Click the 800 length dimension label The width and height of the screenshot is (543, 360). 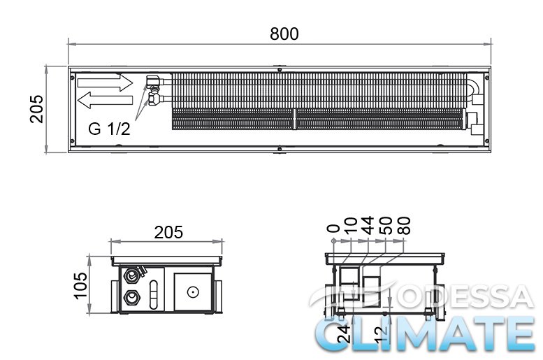[x=284, y=34]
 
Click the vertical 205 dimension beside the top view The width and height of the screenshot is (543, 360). [x=36, y=109]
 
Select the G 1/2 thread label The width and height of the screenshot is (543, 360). [x=109, y=129]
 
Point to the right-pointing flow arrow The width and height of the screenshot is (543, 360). [x=105, y=82]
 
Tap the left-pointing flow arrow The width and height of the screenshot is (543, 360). [x=105, y=100]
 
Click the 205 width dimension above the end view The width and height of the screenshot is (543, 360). [x=168, y=233]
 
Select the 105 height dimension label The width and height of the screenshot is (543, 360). [x=80, y=285]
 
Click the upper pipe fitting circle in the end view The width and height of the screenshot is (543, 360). [x=131, y=275]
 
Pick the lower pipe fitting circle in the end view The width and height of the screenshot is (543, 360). [x=131, y=298]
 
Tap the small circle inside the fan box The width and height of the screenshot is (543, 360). [x=193, y=292]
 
